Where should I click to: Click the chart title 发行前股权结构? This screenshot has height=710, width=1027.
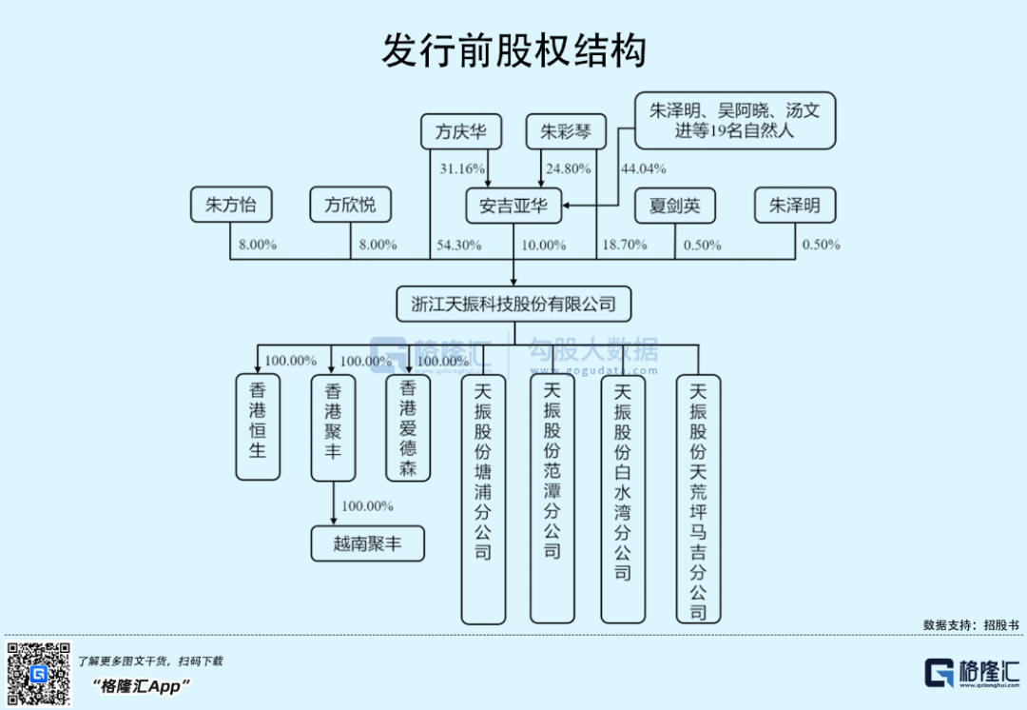click(x=513, y=50)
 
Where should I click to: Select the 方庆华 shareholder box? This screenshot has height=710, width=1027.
click(x=460, y=132)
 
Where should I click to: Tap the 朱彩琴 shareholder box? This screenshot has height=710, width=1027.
click(x=565, y=132)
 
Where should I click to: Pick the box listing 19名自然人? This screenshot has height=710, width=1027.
click(x=734, y=120)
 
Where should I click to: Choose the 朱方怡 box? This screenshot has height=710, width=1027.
click(x=230, y=205)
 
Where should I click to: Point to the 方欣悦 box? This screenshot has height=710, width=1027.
click(x=350, y=205)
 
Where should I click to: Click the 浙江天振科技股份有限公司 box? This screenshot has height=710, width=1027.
click(x=513, y=305)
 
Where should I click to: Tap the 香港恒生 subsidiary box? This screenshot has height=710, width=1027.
click(x=258, y=426)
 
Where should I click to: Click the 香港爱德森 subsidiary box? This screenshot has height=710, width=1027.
click(x=408, y=426)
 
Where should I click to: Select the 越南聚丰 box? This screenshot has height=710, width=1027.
click(x=367, y=544)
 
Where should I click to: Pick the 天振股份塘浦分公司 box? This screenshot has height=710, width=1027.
click(x=483, y=499)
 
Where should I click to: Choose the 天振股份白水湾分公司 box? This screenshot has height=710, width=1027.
click(x=623, y=499)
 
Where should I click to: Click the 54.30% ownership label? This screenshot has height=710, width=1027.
click(x=457, y=246)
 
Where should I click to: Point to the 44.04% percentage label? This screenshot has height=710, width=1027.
click(x=644, y=169)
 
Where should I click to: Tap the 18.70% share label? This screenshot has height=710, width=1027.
click(x=624, y=246)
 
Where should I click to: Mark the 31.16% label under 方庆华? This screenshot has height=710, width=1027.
click(x=461, y=169)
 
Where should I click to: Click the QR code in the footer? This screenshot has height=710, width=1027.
click(x=39, y=674)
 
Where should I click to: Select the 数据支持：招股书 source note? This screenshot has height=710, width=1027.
click(x=970, y=625)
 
